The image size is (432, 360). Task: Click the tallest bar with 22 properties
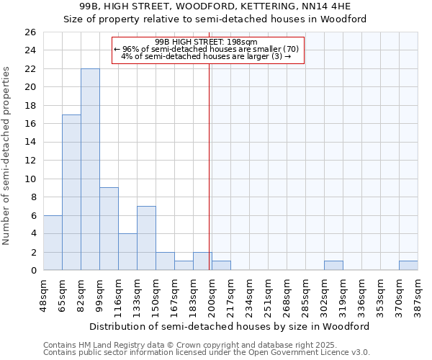[x=90, y=169]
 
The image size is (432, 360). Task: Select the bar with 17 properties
[x=71, y=192]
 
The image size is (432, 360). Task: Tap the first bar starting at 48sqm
[x=53, y=243]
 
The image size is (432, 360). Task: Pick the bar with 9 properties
[x=109, y=229]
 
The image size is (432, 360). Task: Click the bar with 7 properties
[x=146, y=238]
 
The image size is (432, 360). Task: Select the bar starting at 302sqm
[x=333, y=266]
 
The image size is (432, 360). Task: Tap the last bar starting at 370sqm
[x=408, y=266]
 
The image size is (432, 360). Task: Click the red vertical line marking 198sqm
[x=209, y=180]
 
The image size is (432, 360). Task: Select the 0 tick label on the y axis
[x=32, y=271]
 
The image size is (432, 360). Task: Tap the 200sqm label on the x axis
[x=212, y=294]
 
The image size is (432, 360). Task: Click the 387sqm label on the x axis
[x=418, y=294]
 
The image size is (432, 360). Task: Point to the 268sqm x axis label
[x=287, y=294]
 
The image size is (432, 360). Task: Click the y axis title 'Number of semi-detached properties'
[x=7, y=156]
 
